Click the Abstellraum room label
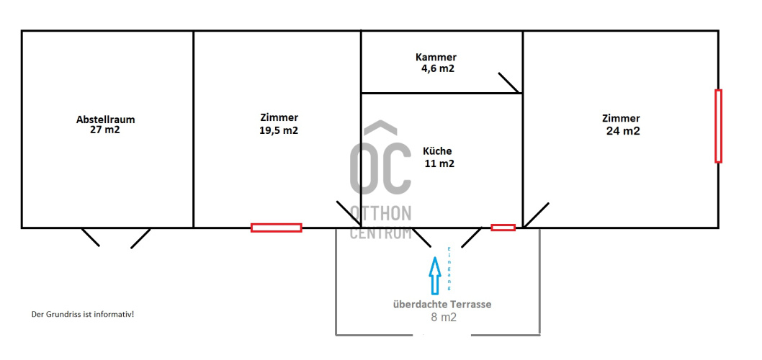(x=105, y=119)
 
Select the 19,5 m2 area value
(x=279, y=130)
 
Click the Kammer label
(x=436, y=58)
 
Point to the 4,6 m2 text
(x=438, y=68)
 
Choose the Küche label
(x=437, y=151)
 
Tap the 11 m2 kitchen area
(x=439, y=163)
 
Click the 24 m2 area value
(x=623, y=131)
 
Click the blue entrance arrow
(x=434, y=274)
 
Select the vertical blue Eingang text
(x=449, y=269)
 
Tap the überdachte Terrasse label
(x=442, y=305)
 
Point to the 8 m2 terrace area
(x=443, y=318)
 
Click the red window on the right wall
(x=718, y=126)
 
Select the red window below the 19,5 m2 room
(x=276, y=228)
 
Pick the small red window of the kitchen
(x=503, y=228)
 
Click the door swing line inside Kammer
(x=510, y=83)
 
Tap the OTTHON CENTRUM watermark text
(x=381, y=222)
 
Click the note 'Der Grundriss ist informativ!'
(x=83, y=315)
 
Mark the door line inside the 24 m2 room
(x=536, y=215)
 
